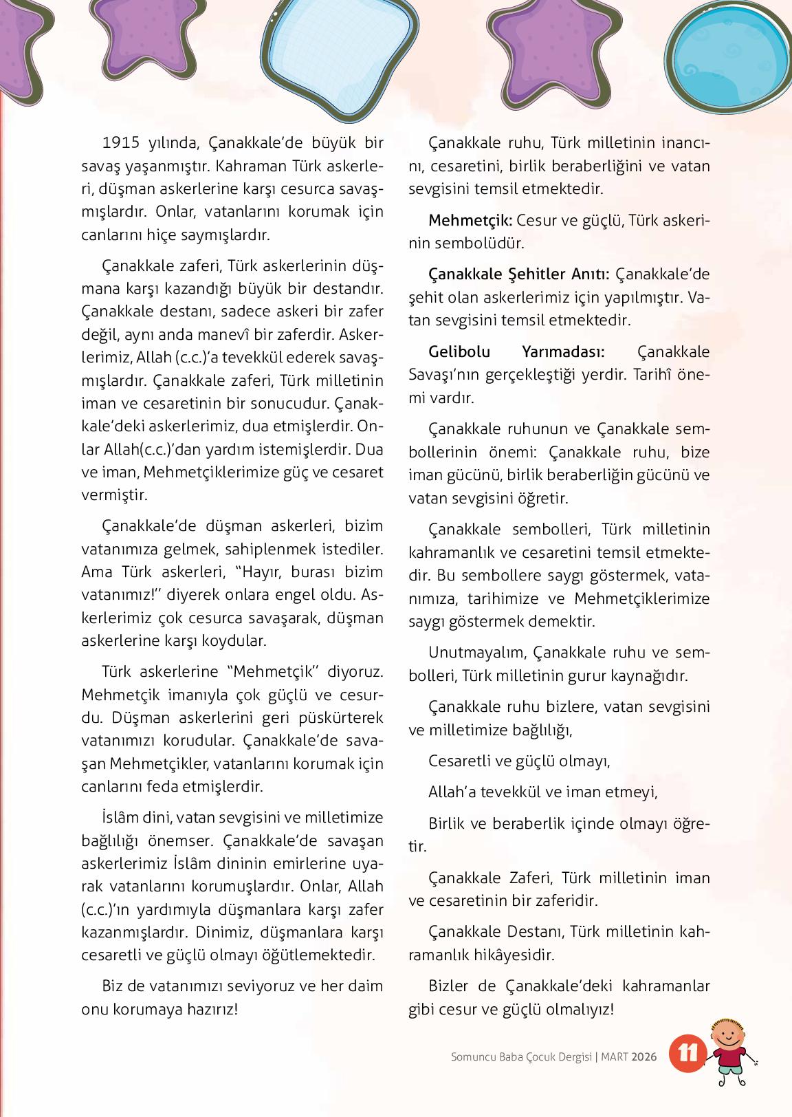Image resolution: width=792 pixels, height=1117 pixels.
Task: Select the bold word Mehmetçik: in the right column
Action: point(470,221)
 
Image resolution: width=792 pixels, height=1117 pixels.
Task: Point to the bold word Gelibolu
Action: point(460,351)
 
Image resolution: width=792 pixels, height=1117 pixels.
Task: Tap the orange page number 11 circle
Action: point(687,1054)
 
